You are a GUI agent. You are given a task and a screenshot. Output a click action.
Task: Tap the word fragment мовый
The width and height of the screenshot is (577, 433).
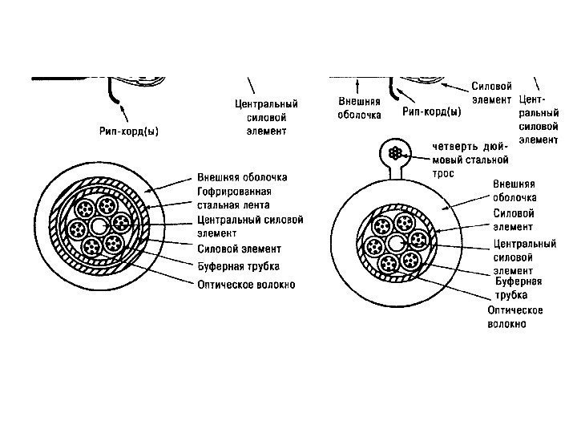click(x=447, y=159)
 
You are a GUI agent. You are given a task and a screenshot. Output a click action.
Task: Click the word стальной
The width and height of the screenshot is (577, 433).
click(x=490, y=159)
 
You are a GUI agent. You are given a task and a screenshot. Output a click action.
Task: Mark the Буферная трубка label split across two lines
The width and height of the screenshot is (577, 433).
click(x=517, y=288)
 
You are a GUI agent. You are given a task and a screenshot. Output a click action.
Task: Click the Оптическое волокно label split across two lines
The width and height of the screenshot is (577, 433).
click(x=514, y=317)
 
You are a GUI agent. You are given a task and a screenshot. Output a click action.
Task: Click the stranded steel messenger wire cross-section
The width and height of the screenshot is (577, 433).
click(x=393, y=152)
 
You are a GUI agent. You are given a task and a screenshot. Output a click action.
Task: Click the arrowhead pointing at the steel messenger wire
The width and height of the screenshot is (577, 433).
click(x=413, y=152)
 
